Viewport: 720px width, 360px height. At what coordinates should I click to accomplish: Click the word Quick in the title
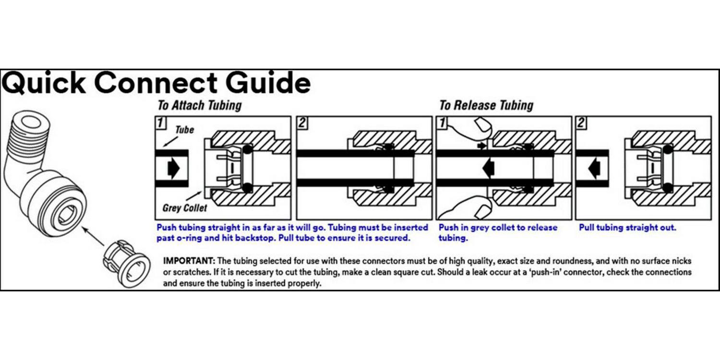click(44, 83)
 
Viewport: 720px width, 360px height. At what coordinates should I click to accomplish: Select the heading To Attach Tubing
click(200, 105)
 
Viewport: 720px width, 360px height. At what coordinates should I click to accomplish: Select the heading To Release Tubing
click(486, 105)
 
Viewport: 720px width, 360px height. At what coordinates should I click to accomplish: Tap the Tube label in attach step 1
click(184, 130)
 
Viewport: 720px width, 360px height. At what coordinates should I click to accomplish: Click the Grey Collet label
click(184, 208)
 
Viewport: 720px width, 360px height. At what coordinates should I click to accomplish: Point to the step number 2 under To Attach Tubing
click(302, 123)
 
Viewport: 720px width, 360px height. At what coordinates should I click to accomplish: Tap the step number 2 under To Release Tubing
click(581, 123)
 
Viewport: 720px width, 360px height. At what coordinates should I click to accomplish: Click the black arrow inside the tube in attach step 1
click(174, 168)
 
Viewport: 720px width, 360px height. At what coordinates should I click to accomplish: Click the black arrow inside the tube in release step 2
click(594, 168)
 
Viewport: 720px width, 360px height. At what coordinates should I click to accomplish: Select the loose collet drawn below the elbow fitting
click(126, 264)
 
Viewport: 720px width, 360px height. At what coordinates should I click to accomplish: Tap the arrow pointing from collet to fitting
click(93, 236)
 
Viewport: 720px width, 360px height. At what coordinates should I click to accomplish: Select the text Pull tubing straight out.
click(627, 228)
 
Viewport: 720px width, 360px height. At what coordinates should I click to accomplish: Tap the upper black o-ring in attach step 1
click(247, 149)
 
